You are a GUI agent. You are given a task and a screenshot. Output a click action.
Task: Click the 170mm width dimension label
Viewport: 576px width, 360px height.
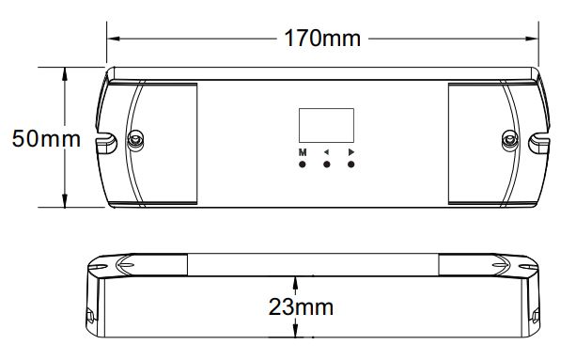(x=322, y=39)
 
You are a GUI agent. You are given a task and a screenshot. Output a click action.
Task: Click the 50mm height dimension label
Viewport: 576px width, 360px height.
(x=46, y=139)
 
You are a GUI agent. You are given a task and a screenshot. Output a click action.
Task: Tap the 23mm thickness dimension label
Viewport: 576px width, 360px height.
(x=301, y=307)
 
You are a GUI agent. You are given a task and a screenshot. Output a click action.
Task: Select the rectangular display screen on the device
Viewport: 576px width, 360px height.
(x=326, y=125)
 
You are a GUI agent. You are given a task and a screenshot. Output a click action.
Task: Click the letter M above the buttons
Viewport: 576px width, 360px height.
(x=303, y=152)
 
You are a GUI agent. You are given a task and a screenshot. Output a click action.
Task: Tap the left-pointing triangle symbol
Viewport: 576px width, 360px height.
(x=326, y=152)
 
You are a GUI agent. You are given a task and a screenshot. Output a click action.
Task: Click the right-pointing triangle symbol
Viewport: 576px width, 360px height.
(x=351, y=152)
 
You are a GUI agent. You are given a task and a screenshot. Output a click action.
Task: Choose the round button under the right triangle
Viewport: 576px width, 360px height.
(x=351, y=164)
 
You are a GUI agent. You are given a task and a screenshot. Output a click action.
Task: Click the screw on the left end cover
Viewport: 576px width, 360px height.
(x=135, y=140)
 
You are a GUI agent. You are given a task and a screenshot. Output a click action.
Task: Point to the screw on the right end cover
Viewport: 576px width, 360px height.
(x=510, y=140)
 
